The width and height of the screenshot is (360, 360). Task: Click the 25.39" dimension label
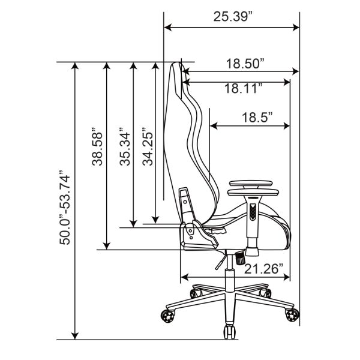[x=233, y=16]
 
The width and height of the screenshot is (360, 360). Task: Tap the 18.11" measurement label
[x=244, y=89]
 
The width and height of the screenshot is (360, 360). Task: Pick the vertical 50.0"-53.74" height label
[x=65, y=208]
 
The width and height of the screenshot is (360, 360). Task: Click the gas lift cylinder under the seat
[x=230, y=273]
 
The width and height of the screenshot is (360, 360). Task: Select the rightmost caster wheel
[x=292, y=314]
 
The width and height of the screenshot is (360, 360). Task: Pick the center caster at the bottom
[x=230, y=332]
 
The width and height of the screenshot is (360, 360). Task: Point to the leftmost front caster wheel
[x=168, y=316]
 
